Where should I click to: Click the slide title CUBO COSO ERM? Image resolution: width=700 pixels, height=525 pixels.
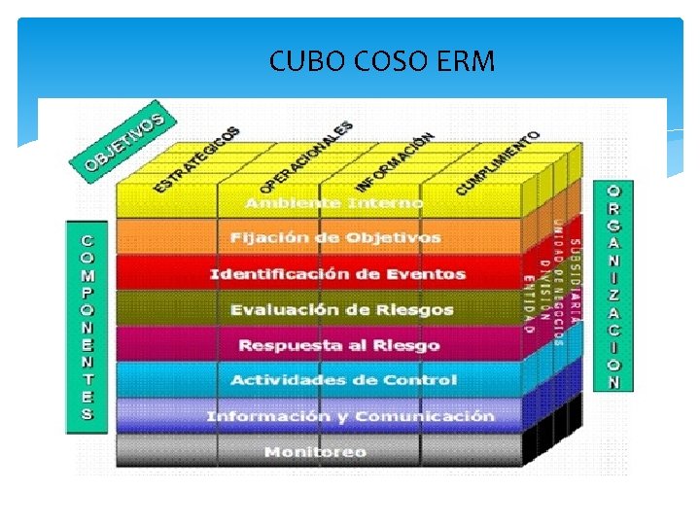(382, 62)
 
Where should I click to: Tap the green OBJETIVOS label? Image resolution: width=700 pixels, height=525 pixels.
(122, 141)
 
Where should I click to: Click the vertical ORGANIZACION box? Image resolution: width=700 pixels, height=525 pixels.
(612, 286)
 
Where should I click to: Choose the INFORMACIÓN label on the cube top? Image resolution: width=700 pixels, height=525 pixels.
(394, 160)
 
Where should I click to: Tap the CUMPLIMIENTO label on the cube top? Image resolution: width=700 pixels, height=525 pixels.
(497, 161)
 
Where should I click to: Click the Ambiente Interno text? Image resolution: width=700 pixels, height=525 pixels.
(333, 203)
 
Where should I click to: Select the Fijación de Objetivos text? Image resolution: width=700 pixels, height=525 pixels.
(335, 238)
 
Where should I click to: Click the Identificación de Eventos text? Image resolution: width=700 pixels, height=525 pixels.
(337, 274)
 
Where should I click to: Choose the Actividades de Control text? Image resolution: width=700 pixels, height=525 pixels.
(342, 380)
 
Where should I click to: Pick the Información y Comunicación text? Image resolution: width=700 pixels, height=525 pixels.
(350, 416)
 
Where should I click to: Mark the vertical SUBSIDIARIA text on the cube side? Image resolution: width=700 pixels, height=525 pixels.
(575, 282)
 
